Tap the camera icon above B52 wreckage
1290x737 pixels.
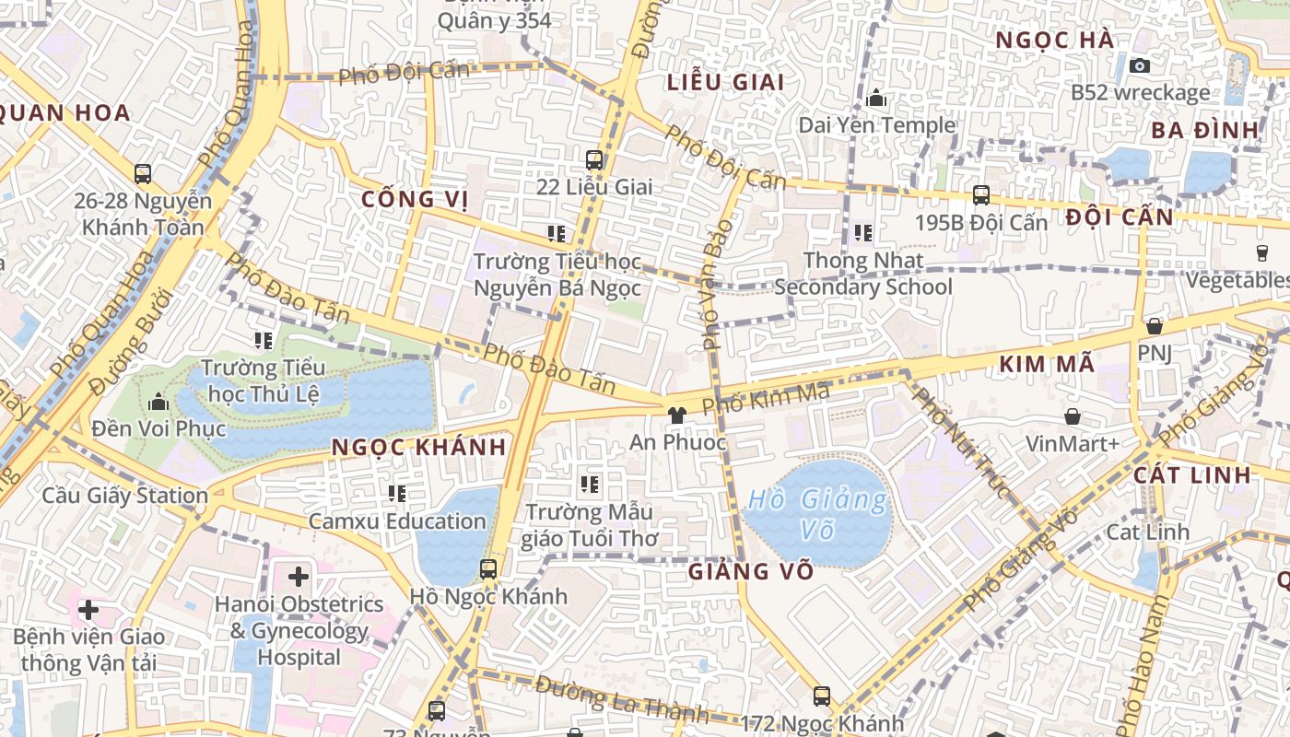[1140, 65]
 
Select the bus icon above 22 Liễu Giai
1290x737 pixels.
[594, 159]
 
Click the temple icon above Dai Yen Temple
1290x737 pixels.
[875, 97]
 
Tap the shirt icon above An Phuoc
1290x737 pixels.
[677, 415]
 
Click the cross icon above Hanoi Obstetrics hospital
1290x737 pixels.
[299, 578]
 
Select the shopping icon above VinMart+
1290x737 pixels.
[1073, 416]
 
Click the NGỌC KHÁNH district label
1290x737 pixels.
[418, 448]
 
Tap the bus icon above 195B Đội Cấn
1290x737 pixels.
[981, 195]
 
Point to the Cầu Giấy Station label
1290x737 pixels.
[125, 496]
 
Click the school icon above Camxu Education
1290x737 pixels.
[397, 494]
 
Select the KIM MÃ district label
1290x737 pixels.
[1047, 365]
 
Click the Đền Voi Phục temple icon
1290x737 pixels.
[158, 402]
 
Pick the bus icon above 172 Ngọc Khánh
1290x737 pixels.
[822, 696]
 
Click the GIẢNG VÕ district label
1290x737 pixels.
[751, 571]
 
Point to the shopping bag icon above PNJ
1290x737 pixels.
[1154, 326]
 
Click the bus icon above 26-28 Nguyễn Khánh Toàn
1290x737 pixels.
[143, 173]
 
